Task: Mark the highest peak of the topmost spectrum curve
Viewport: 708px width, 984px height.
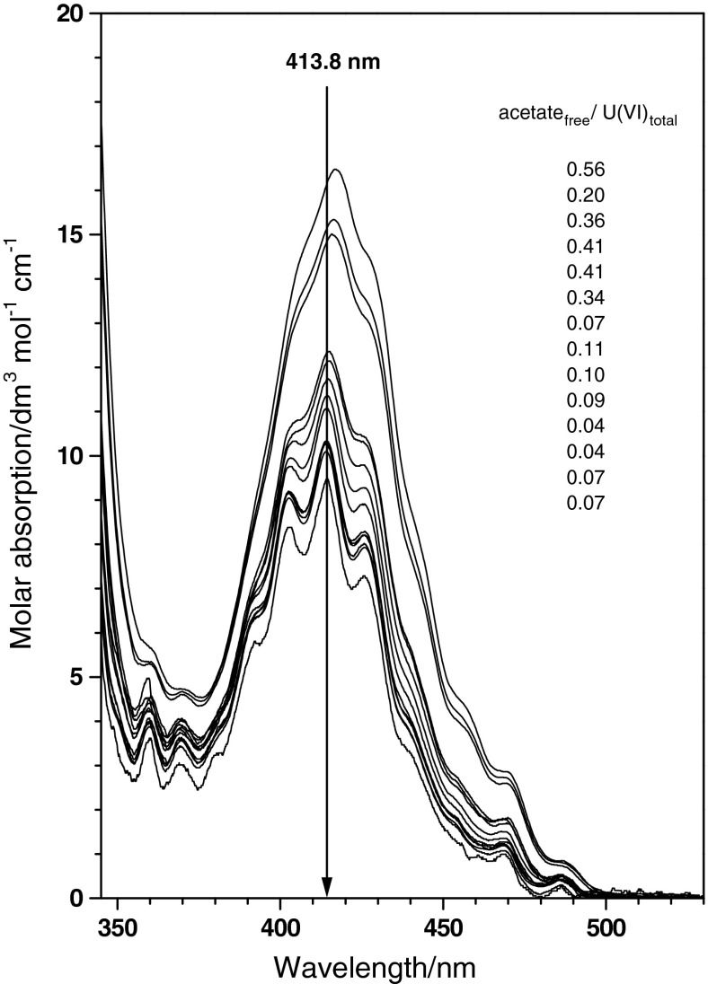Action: (x=336, y=170)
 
